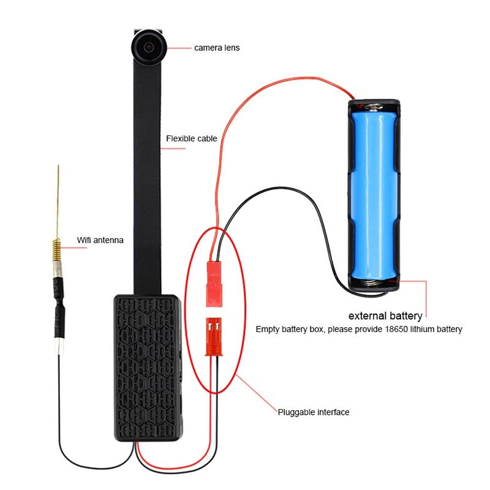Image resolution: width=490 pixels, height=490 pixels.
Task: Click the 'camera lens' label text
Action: coord(217,47)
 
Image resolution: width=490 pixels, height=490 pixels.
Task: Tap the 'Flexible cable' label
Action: coord(192,138)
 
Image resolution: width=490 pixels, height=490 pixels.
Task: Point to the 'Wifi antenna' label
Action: coord(100,240)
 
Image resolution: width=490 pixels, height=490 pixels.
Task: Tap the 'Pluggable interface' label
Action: coord(313,412)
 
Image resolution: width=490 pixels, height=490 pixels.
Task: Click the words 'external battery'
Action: coord(385,316)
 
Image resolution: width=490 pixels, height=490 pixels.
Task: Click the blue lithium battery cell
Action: coord(374,190)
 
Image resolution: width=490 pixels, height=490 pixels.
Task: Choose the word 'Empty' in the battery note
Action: coord(267,330)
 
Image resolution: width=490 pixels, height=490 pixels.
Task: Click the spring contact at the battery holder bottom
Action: coord(375,284)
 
